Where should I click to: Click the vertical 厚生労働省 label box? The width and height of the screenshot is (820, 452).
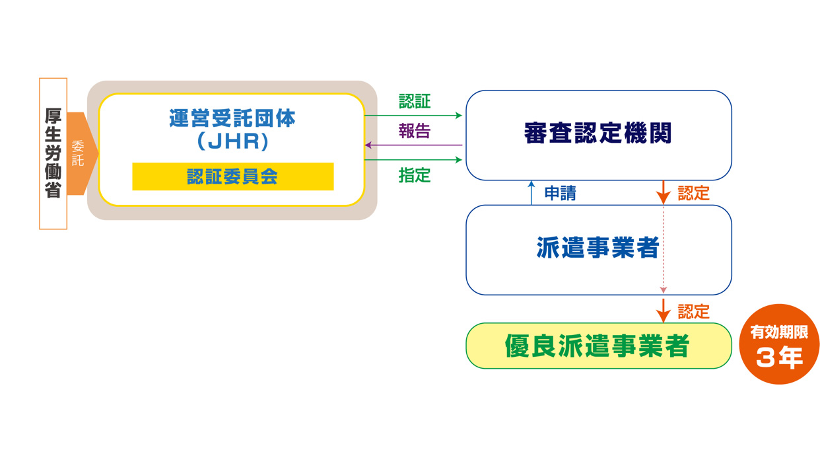tap(53, 153)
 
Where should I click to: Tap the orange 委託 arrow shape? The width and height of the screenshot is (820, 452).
tap(82, 153)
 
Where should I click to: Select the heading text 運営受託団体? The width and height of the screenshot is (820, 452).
tap(232, 118)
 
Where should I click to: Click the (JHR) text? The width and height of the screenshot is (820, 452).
tap(233, 141)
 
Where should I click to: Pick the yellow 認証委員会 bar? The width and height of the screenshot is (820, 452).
tap(233, 176)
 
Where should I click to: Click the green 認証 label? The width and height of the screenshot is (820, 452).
tap(415, 101)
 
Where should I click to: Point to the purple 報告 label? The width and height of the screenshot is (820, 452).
tap(415, 131)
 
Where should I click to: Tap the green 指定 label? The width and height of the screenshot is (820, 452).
tap(415, 175)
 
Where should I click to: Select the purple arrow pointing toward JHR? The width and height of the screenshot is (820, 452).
tap(414, 145)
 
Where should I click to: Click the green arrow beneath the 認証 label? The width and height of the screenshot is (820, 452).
tap(413, 116)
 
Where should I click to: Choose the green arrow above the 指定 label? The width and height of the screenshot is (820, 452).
tap(413, 160)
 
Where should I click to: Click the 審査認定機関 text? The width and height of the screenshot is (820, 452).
tap(598, 133)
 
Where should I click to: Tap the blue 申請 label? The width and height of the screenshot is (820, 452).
tap(560, 193)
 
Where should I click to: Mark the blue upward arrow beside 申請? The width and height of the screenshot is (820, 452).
tap(531, 193)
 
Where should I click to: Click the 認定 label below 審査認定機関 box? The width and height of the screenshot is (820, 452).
tap(693, 193)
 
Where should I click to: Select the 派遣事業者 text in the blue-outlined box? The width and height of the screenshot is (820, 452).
tap(598, 248)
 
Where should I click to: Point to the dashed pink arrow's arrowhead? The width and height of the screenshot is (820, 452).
tap(664, 290)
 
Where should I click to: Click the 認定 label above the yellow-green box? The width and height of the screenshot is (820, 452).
tap(693, 311)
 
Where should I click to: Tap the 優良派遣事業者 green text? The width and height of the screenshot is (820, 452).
tap(597, 346)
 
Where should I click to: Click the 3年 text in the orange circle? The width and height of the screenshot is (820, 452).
tap(779, 357)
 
